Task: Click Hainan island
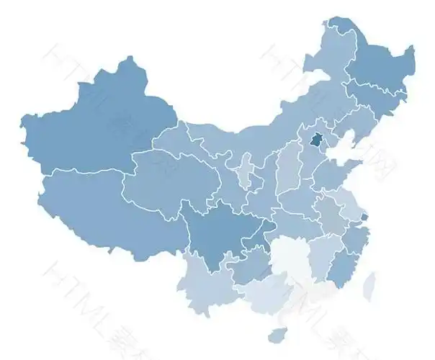pyautogui.click(x=277, y=336)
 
